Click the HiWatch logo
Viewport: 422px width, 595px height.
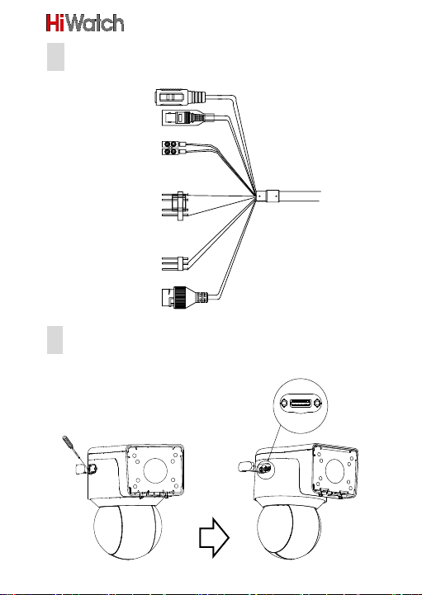click(85, 23)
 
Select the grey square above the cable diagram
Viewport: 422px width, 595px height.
click(55, 57)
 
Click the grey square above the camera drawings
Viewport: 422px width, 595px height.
click(55, 340)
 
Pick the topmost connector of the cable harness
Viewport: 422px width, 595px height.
click(180, 97)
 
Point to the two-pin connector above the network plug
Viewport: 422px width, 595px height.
click(175, 264)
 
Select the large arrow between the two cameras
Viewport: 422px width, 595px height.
click(214, 538)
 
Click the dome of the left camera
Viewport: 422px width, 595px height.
click(128, 531)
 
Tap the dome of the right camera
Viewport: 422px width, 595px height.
click(289, 531)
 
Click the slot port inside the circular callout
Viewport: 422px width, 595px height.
click(301, 402)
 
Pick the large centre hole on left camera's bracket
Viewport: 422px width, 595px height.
click(155, 470)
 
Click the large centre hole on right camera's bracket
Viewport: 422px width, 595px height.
click(334, 471)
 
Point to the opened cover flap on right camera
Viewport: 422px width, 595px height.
click(246, 466)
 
